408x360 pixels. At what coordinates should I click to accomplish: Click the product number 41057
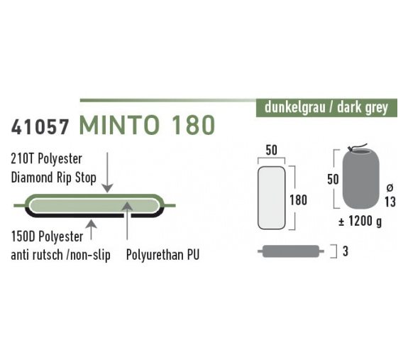pos(40,127)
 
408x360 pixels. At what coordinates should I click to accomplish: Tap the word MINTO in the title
pos(119,125)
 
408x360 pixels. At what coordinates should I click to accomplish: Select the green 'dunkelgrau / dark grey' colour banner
pos(326,108)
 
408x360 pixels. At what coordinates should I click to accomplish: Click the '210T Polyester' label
pos(47,158)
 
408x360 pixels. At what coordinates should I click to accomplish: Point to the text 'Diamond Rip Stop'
pos(54,178)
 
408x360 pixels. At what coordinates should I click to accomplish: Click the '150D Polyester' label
pos(47,236)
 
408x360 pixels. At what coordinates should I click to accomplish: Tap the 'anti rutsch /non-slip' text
pos(60,255)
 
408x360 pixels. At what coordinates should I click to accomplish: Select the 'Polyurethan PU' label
pos(162,255)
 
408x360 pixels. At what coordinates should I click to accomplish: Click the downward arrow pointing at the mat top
pos(107,173)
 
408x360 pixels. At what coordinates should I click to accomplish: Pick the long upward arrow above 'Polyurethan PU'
pos(127,221)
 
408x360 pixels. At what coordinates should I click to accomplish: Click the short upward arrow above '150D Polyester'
pos(91,229)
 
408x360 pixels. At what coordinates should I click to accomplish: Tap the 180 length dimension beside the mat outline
pos(299,200)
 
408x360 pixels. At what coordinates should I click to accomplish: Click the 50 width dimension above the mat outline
pos(271,151)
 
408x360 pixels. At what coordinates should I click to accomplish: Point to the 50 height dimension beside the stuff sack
pos(333,180)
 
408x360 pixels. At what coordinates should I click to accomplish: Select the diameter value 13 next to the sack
pos(390,202)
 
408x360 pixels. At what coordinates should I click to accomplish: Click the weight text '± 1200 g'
pos(360,222)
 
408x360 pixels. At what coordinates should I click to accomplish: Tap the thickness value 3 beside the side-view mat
pos(346,251)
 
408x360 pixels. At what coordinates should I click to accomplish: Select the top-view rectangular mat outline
pos(271,198)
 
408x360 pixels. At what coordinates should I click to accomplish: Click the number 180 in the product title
pos(193,125)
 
